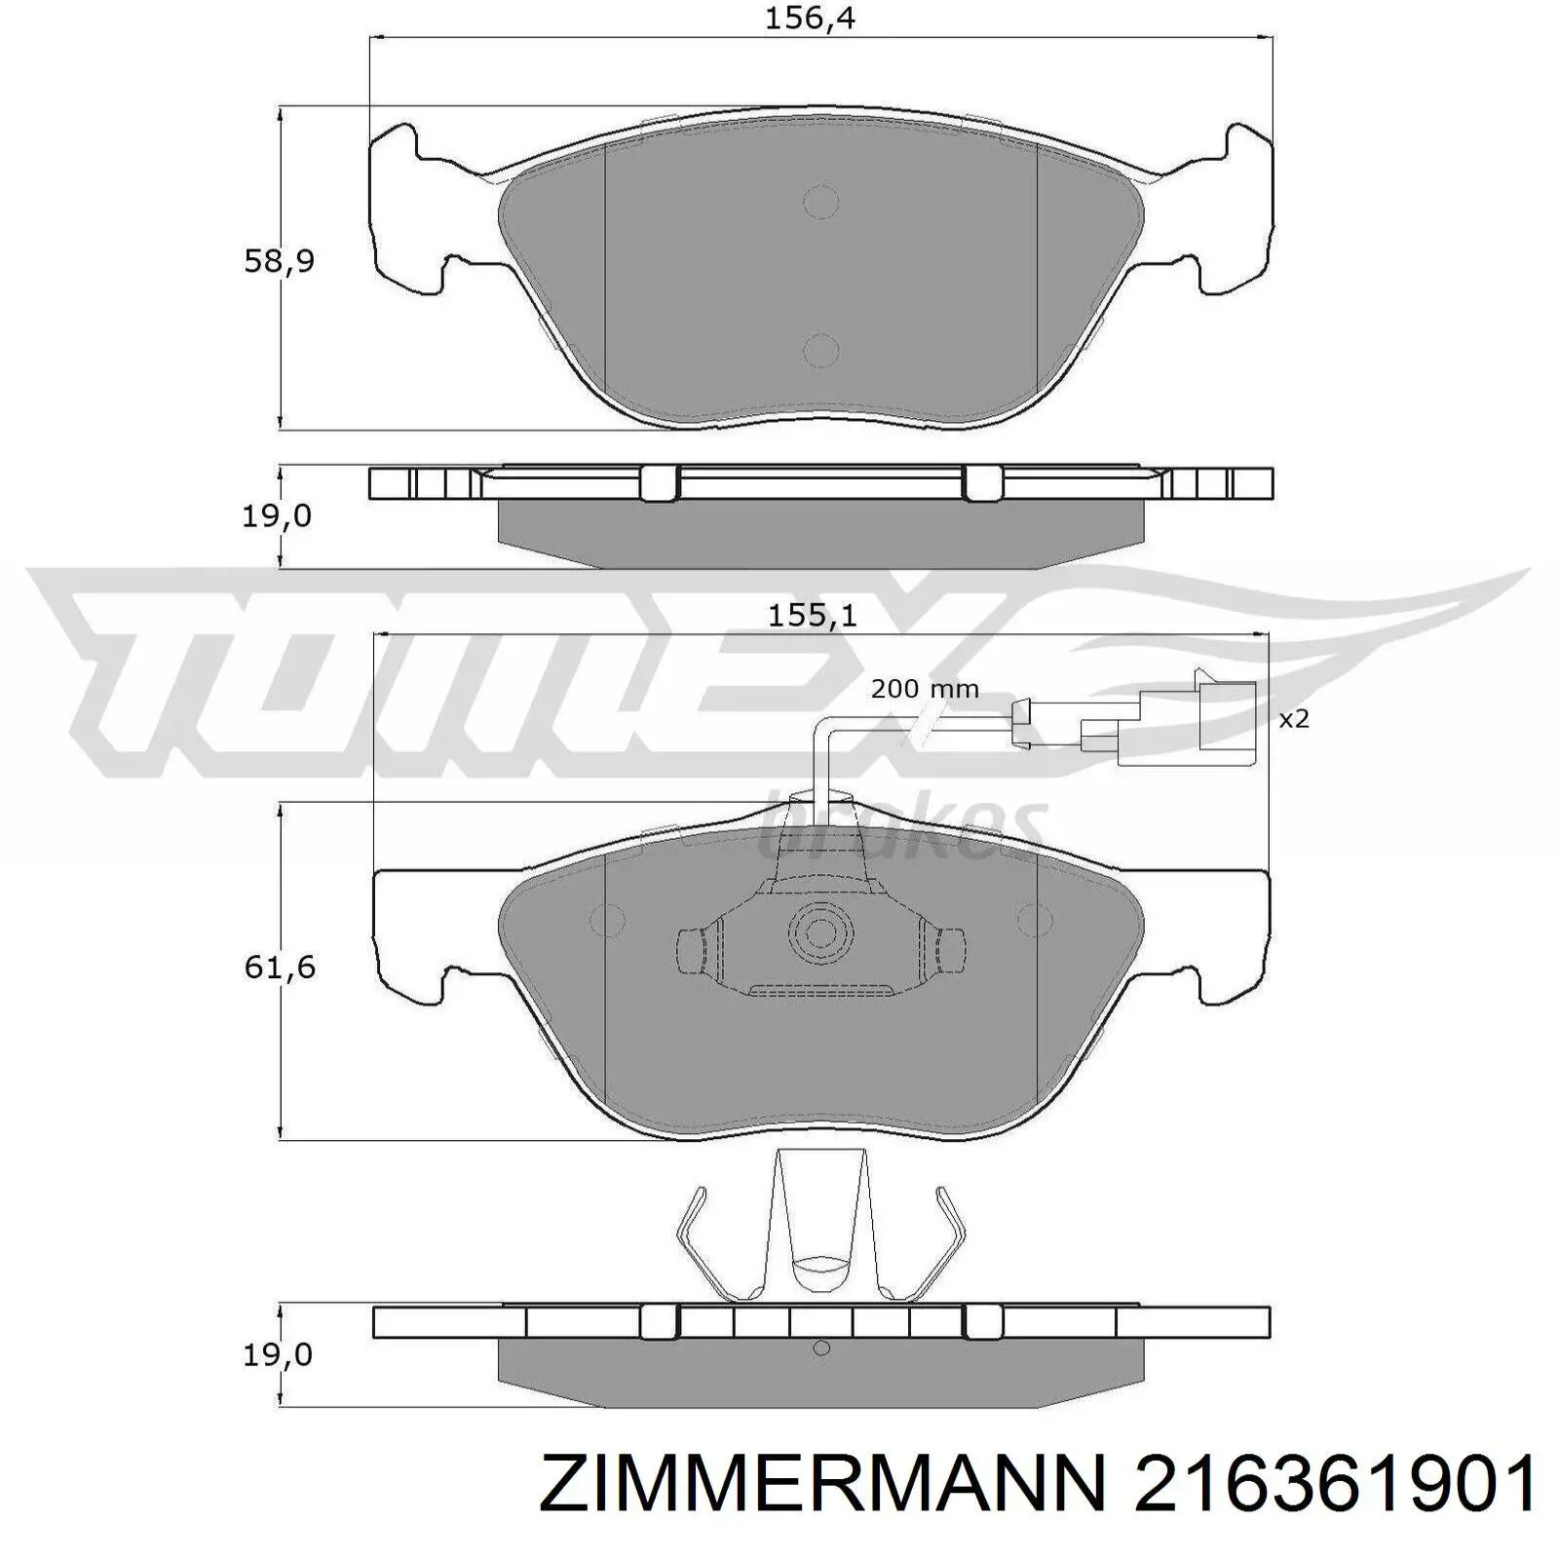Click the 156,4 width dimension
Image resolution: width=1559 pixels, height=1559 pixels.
tap(810, 18)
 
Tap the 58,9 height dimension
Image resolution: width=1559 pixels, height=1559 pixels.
tap(279, 261)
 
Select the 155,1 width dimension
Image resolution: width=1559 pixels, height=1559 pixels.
tap(813, 616)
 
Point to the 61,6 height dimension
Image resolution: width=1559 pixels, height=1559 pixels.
tap(280, 968)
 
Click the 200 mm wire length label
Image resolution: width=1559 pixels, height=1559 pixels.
tap(925, 689)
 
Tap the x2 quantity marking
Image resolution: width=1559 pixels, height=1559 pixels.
tap(1293, 719)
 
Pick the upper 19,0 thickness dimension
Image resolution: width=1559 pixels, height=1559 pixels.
tap(278, 515)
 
